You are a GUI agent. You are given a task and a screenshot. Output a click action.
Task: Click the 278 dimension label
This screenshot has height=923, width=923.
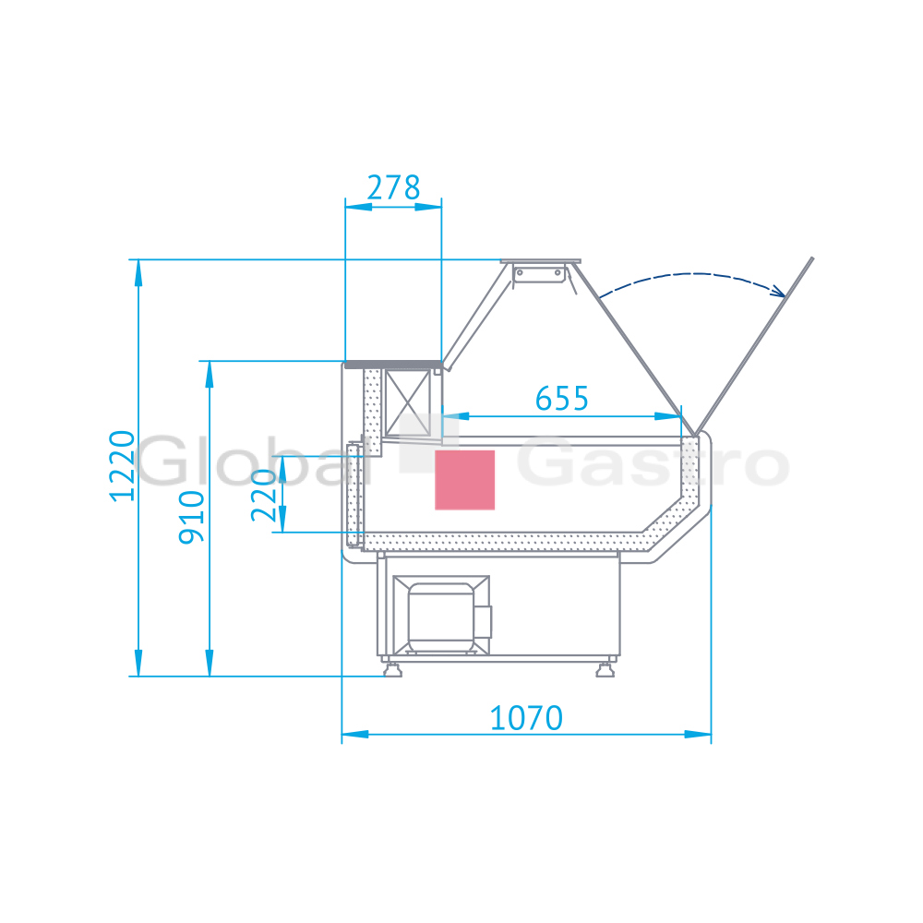[x=393, y=187]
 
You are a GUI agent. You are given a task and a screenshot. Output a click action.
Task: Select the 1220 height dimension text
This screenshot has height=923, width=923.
[x=123, y=466]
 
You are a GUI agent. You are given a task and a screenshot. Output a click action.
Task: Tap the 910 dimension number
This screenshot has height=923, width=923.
[x=191, y=517]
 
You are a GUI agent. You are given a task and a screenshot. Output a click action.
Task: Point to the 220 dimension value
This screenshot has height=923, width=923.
[x=263, y=495]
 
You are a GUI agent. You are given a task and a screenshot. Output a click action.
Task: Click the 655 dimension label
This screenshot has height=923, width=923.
[x=561, y=399]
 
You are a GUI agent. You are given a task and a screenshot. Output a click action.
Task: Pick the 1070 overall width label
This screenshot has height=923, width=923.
[x=526, y=718]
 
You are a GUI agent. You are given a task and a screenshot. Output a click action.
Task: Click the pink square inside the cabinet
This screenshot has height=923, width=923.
[x=464, y=480]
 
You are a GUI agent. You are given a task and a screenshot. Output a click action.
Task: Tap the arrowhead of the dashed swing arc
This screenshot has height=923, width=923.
[x=778, y=290]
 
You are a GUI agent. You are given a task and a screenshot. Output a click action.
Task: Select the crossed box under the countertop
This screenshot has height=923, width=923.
[x=407, y=404]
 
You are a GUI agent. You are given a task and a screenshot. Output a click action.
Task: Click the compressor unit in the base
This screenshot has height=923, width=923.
[x=441, y=616]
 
